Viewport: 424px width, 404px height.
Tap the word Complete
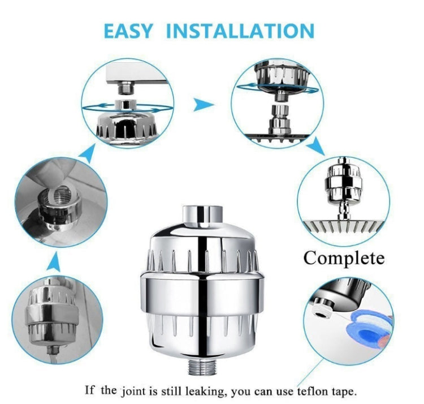coord(344,258)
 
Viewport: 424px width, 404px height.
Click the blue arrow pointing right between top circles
coord(203,104)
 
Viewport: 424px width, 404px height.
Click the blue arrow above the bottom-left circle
coord(54,261)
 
